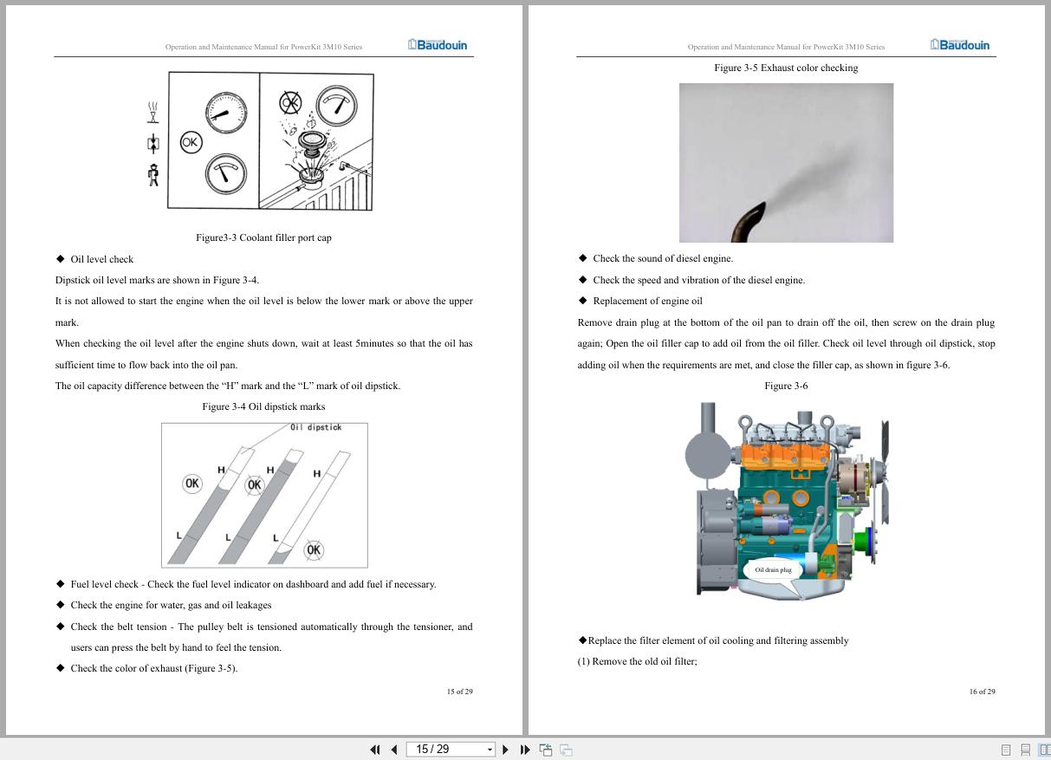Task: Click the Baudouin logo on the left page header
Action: [438, 45]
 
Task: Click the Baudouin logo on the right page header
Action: [960, 45]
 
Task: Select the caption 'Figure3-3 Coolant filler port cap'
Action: [263, 237]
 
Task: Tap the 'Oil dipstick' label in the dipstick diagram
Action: [315, 427]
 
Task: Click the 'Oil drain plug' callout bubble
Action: [773, 570]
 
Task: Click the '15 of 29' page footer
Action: [460, 692]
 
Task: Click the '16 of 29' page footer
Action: [982, 692]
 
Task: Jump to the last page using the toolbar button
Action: [525, 750]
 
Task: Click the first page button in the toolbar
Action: [374, 750]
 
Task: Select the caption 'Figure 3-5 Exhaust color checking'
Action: [786, 68]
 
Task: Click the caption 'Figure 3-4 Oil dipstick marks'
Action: [263, 406]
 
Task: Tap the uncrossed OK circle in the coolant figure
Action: [191, 142]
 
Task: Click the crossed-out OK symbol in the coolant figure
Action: [290, 103]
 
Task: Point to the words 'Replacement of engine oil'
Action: [647, 301]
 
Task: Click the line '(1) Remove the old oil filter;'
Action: [637, 661]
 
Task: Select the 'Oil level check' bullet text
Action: [102, 259]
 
